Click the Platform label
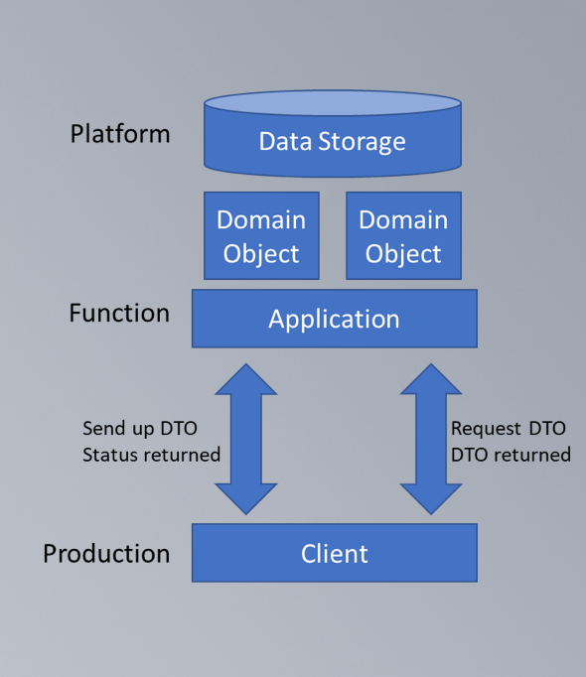pos(120,134)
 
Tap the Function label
pos(119,313)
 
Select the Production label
pos(106,554)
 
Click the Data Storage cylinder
pos(333,133)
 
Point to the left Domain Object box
pos(261,235)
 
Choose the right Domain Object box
pos(403,235)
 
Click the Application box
pos(335,319)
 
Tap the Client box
pos(335,553)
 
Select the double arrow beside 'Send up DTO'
pos(246,439)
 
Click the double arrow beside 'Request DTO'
pos(431,439)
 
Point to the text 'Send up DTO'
pos(140,429)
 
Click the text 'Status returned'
pos(151,455)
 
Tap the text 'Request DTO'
pos(509,429)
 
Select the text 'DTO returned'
pos(511,455)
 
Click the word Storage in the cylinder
pos(363,142)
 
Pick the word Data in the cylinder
pos(285,141)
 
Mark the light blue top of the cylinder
pos(333,103)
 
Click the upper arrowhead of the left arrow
pos(246,379)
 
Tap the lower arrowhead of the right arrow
pos(431,499)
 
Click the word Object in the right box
pos(403,254)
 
